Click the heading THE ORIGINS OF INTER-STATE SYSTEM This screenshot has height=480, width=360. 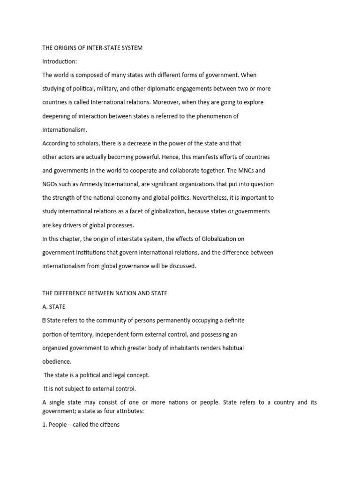point(92,48)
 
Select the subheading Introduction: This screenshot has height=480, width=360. point(60,61)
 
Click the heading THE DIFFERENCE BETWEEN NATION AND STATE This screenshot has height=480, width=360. point(105,293)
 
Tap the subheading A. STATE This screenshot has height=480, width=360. point(54,307)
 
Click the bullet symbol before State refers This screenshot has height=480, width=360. point(44,321)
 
